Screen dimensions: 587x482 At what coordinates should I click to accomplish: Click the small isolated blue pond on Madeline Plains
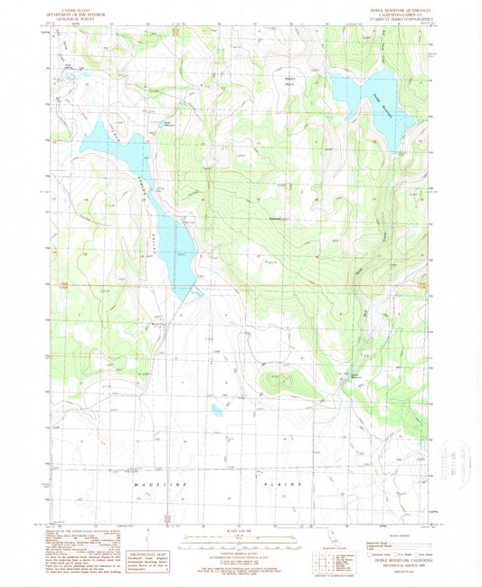(218, 410)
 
